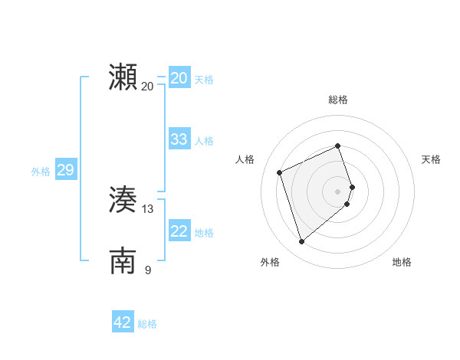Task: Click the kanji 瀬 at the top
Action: click(123, 78)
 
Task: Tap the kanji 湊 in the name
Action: click(123, 200)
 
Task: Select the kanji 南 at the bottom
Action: click(123, 260)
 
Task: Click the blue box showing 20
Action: click(179, 78)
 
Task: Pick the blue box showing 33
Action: click(179, 139)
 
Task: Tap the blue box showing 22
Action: click(179, 231)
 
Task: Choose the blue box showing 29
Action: click(65, 170)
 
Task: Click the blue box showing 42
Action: click(123, 322)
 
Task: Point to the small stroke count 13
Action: click(148, 208)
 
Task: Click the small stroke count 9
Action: click(148, 269)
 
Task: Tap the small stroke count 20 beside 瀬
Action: click(148, 86)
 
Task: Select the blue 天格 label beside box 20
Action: click(204, 80)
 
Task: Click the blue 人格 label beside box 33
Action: click(204, 141)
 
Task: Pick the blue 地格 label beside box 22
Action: click(204, 233)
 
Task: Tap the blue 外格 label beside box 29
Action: click(41, 172)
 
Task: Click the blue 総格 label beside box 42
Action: click(147, 324)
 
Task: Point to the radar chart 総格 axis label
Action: click(338, 100)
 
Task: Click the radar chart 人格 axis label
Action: click(245, 159)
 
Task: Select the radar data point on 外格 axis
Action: click(301, 242)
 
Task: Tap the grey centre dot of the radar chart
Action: click(338, 191)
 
